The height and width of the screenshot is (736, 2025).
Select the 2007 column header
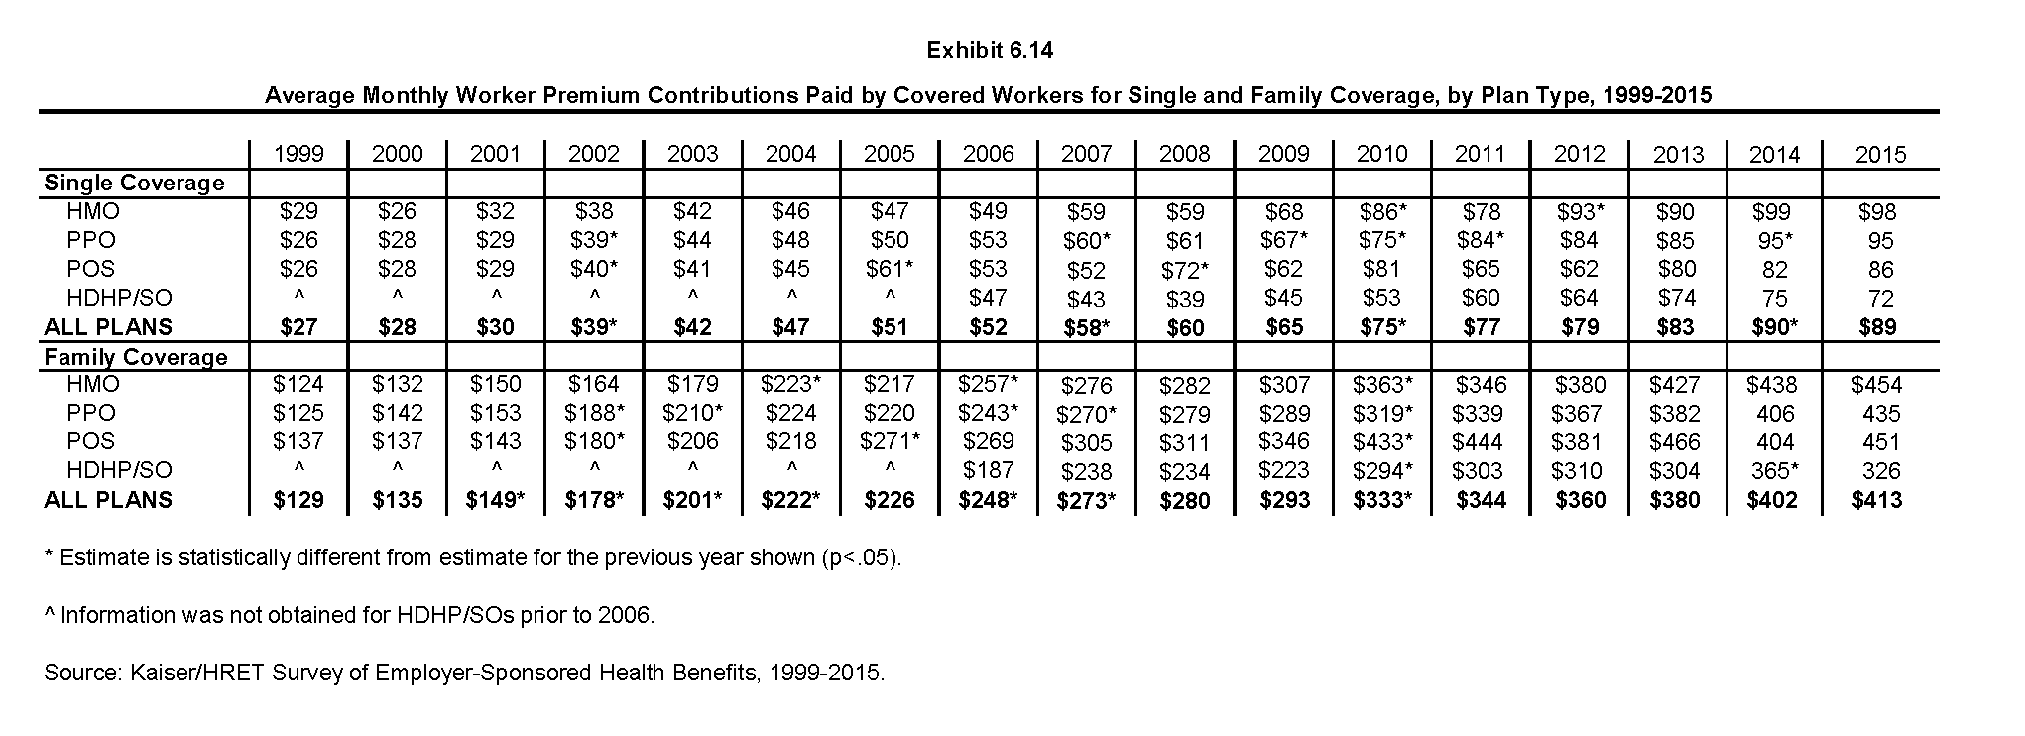(1087, 154)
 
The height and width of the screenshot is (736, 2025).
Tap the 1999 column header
(298, 154)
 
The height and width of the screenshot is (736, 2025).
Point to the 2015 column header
(1880, 155)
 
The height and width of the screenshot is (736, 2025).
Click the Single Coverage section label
(134, 183)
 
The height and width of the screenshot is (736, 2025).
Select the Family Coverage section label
(136, 357)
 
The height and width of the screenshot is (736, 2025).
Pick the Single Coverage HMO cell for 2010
(1381, 212)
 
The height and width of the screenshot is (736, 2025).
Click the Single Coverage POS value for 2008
(1185, 270)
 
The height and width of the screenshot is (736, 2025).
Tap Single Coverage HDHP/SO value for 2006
(988, 298)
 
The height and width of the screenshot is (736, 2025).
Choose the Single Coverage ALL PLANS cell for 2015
(1880, 327)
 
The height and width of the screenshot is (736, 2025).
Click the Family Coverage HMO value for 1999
(298, 385)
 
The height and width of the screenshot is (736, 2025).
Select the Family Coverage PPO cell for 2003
(692, 413)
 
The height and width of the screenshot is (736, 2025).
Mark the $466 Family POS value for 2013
(1675, 442)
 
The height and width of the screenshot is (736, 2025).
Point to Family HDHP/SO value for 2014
(1775, 471)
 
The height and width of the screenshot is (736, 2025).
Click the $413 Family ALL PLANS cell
(1877, 500)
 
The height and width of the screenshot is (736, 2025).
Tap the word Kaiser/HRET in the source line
(188, 673)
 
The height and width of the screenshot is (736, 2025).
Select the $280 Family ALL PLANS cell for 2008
(1185, 501)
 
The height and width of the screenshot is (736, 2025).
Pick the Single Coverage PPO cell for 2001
(496, 240)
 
